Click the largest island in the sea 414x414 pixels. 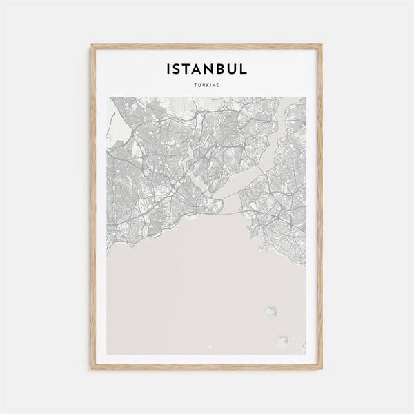tap(269, 314)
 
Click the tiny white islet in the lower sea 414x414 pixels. tap(284, 339)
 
